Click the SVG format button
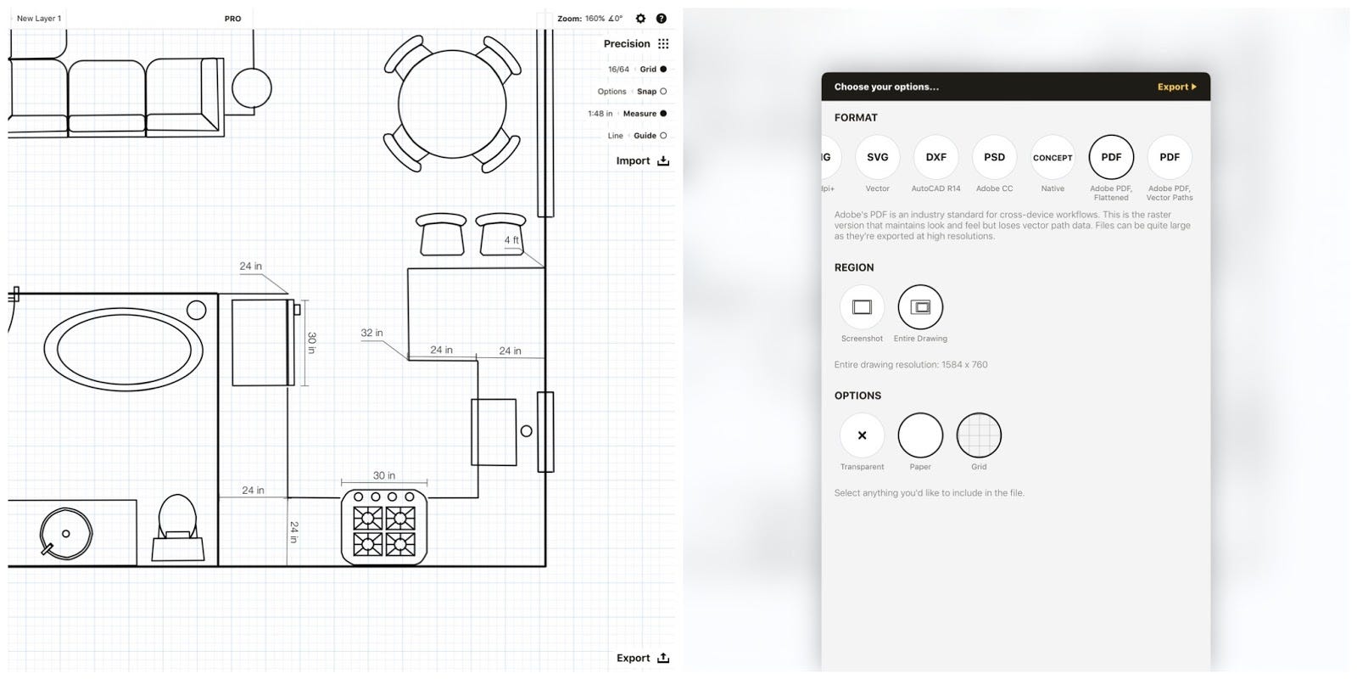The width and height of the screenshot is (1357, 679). (877, 157)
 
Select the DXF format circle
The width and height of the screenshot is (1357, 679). (935, 157)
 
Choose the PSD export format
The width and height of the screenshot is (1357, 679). (994, 157)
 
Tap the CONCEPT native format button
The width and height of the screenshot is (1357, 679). (1053, 157)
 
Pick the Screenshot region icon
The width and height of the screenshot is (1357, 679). (862, 307)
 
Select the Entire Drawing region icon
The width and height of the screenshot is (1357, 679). (920, 307)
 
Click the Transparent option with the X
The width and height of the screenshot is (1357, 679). (862, 435)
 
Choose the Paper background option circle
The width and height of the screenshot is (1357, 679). (920, 435)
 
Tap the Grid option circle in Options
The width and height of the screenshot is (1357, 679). (979, 435)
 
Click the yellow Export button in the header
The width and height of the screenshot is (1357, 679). (1176, 87)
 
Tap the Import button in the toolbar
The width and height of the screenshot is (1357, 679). (642, 160)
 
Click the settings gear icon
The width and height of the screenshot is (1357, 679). (640, 19)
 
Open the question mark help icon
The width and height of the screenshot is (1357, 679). (662, 19)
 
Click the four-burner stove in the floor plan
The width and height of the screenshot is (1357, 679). (384, 528)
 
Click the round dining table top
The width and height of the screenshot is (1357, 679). (452, 104)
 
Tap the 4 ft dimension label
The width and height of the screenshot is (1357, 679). (511, 240)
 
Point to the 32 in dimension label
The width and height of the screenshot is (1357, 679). (371, 333)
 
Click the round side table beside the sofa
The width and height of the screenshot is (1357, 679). (252, 87)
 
